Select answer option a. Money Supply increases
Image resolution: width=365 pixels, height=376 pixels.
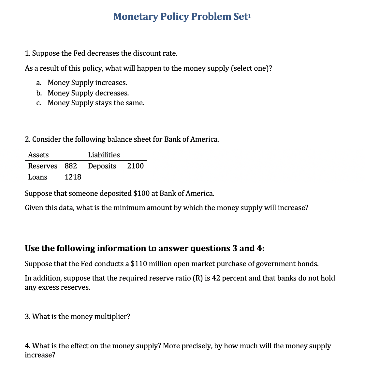click(x=87, y=83)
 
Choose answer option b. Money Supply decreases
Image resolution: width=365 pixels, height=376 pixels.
click(x=88, y=93)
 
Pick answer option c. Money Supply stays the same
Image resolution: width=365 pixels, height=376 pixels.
click(x=96, y=103)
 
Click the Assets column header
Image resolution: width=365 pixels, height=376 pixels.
click(x=38, y=155)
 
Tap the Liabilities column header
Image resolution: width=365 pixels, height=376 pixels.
click(x=104, y=155)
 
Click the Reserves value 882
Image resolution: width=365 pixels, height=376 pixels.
click(x=71, y=166)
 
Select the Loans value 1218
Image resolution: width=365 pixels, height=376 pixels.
click(x=73, y=177)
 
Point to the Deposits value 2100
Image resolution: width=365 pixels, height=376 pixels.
click(x=135, y=166)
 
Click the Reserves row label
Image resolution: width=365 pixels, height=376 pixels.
click(x=43, y=166)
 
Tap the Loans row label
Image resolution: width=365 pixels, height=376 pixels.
click(x=37, y=177)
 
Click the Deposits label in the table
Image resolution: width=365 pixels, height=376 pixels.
click(x=102, y=166)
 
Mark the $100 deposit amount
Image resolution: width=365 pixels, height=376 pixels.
click(x=141, y=194)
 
